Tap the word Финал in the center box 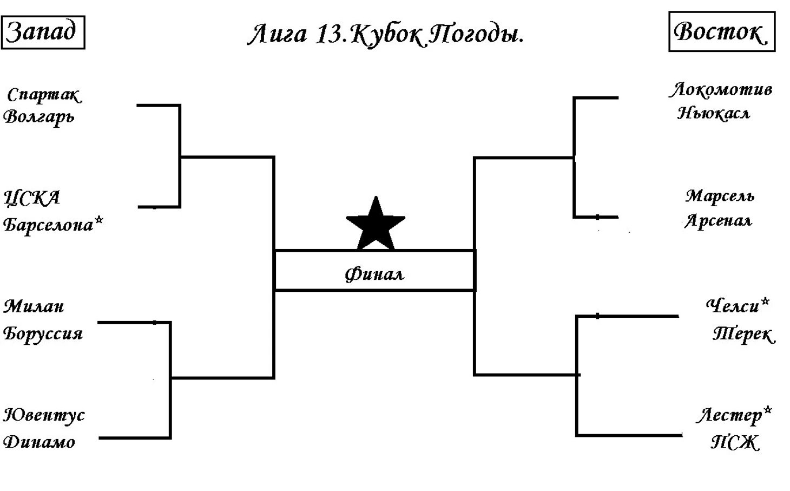[x=374, y=274]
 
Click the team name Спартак [x=44, y=95]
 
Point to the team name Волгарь [x=39, y=117]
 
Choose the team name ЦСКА [x=32, y=198]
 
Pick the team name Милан [x=34, y=306]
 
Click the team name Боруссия [x=43, y=334]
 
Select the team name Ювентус [x=44, y=416]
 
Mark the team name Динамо [x=39, y=442]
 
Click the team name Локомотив [x=721, y=90]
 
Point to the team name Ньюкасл [x=714, y=113]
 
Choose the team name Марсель [x=720, y=197]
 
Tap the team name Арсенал [x=719, y=221]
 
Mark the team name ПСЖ [x=735, y=442]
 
